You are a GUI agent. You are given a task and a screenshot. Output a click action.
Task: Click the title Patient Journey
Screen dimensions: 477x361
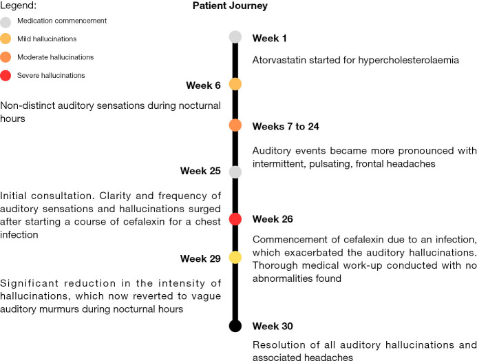click(229, 6)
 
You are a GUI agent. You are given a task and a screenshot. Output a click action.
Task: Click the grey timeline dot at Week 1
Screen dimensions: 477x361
click(235, 37)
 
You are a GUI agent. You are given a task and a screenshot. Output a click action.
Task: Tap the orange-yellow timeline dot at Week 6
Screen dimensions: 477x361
click(235, 84)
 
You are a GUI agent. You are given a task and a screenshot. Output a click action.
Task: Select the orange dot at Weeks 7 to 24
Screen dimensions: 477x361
click(235, 125)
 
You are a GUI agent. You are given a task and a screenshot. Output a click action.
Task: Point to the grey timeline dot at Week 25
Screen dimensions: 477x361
click(235, 172)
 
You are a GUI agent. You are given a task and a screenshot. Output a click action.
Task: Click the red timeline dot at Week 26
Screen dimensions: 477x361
click(235, 219)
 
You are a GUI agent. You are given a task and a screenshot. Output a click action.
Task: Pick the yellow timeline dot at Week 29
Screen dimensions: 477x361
click(235, 257)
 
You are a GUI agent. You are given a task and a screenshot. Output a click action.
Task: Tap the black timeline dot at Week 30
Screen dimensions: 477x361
click(235, 326)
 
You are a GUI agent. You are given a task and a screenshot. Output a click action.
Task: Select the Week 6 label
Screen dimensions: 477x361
click(203, 85)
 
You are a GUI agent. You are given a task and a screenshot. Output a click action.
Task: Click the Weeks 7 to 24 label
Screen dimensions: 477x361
click(286, 127)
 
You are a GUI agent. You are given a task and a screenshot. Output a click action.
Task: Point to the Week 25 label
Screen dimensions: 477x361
click(200, 171)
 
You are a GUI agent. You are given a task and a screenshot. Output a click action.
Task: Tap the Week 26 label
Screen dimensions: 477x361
click(273, 219)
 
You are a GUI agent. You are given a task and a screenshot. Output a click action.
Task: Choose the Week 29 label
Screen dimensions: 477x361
click(200, 258)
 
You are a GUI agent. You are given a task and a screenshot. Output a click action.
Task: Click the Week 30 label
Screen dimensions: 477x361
click(273, 326)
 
